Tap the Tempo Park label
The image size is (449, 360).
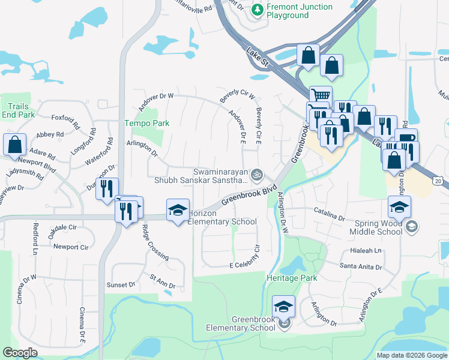[x=146, y=123]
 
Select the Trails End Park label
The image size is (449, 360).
[x=18, y=110]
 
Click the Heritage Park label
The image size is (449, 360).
[x=291, y=278]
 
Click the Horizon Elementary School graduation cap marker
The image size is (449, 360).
[x=178, y=211]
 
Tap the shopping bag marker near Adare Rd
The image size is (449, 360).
[x=14, y=145]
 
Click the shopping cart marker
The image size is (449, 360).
[x=321, y=96]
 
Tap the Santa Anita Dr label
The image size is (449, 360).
[x=361, y=265]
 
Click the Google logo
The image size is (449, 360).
[x=20, y=353]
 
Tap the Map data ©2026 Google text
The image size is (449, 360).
[x=411, y=355]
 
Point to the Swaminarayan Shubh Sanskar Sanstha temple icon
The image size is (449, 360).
[x=257, y=175]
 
